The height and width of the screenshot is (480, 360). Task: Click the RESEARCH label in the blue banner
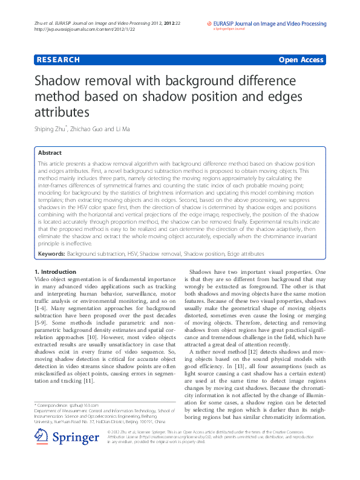pos(58,60)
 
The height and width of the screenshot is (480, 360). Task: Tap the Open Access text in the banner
pos(301,60)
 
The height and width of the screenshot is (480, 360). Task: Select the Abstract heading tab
pos(50,152)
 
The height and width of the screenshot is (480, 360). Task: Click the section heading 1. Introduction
pos(56,272)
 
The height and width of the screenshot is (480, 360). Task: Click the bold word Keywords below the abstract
pos(51,255)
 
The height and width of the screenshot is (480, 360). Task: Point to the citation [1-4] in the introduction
pos(42,308)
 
